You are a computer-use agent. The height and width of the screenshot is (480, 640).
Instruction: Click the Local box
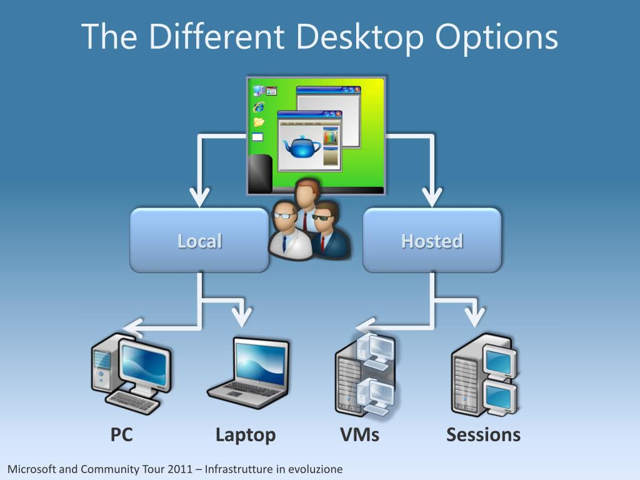coord(199,241)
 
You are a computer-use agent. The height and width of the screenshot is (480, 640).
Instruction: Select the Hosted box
coord(432,241)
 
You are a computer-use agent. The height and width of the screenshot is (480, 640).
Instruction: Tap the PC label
coord(122,434)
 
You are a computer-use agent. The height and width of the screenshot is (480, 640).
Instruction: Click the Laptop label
coord(246,434)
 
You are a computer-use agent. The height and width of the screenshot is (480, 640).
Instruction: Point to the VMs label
coord(359,434)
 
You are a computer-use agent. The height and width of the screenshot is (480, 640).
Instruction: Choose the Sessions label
coord(483,434)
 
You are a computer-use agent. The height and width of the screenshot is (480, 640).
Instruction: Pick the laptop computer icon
coord(249,372)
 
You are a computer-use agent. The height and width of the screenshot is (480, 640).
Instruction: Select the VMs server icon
coord(366,375)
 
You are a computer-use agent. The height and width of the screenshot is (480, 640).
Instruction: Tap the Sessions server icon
coord(484,375)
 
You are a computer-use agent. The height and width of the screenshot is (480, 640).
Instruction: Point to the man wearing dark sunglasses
coord(328,229)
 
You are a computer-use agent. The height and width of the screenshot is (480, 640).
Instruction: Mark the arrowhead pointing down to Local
coord(199,197)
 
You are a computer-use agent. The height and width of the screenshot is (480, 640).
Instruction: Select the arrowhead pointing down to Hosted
coord(432,197)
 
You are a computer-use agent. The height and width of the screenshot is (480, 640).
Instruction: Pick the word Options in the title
coord(496,36)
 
